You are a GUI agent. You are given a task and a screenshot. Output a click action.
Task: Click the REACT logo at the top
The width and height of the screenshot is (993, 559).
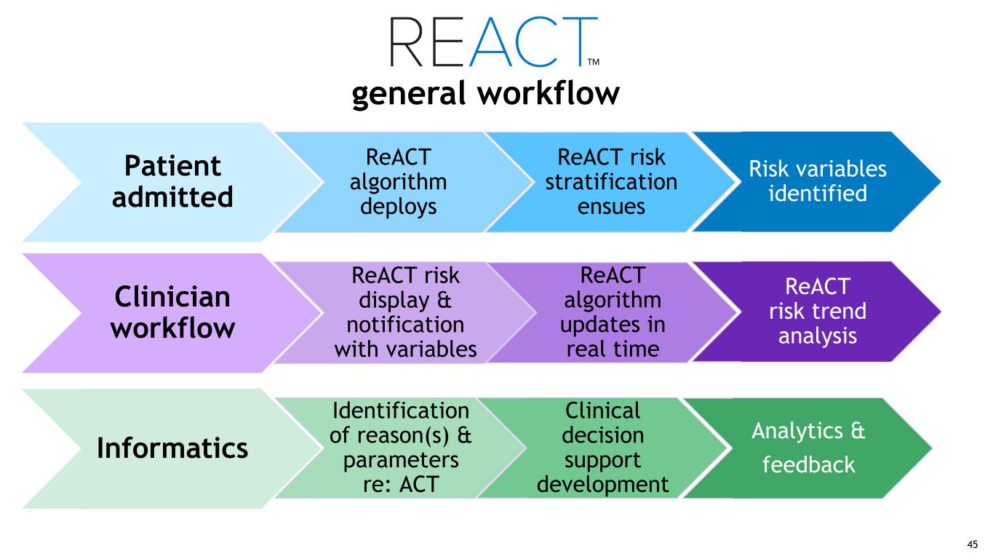pos(493,41)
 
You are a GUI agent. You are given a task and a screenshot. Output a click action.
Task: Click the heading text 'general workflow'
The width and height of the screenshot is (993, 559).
pos(485,94)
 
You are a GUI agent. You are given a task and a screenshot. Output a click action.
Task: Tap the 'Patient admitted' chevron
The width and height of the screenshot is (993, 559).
pos(172,181)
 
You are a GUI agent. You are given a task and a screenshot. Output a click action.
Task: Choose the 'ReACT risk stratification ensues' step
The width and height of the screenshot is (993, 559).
pos(611,182)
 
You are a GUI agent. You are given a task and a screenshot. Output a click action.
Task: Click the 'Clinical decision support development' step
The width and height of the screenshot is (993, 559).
pos(602,448)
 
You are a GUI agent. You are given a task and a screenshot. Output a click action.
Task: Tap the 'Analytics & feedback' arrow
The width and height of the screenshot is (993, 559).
pos(807,448)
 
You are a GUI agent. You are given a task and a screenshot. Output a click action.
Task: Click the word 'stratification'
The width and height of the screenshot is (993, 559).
pos(611,181)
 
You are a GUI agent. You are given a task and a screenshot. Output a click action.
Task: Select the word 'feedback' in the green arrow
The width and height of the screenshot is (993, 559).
pos(807,464)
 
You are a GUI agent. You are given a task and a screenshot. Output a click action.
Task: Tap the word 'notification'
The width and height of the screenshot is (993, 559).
pos(406,325)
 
